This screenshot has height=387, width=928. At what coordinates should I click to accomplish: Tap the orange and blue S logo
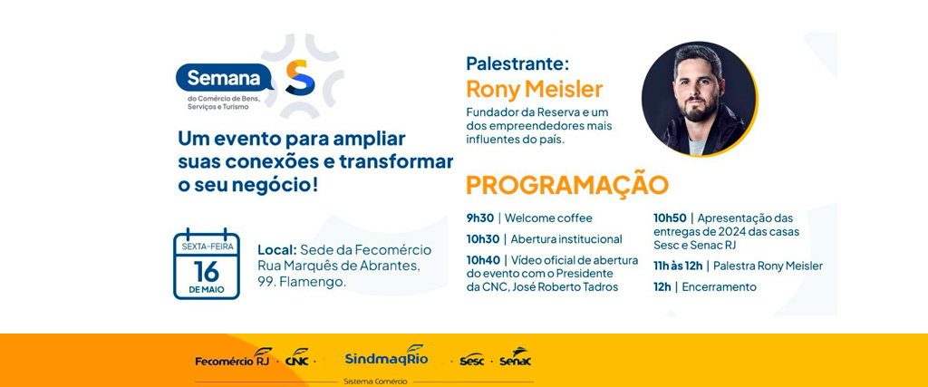coord(300,77)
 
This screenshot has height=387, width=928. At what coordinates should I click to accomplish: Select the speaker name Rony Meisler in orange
coord(535,90)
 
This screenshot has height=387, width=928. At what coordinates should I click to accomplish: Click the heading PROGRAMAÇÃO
coord(567,185)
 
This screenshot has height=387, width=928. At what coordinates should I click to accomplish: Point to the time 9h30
coord(480,218)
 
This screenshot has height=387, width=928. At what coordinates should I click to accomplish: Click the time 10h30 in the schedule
coord(482,239)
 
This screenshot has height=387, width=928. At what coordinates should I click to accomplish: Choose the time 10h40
coord(483,260)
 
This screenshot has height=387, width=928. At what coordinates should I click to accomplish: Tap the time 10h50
coord(670,218)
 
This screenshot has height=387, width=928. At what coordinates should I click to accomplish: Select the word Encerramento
coord(719,287)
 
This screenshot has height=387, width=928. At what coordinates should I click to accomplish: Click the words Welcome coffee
coord(548,218)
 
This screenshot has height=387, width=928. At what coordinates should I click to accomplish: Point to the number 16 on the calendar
coord(207,272)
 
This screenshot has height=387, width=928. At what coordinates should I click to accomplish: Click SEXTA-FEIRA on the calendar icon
coord(208,247)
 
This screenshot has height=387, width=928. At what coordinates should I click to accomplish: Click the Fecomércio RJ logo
coord(234,357)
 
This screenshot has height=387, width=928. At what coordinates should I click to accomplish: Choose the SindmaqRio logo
coord(386,356)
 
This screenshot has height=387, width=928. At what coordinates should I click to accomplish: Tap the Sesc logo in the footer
coord(471,359)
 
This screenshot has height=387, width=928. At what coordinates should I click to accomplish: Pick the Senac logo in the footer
coord(515,357)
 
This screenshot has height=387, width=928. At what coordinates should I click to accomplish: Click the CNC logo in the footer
coord(297,357)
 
